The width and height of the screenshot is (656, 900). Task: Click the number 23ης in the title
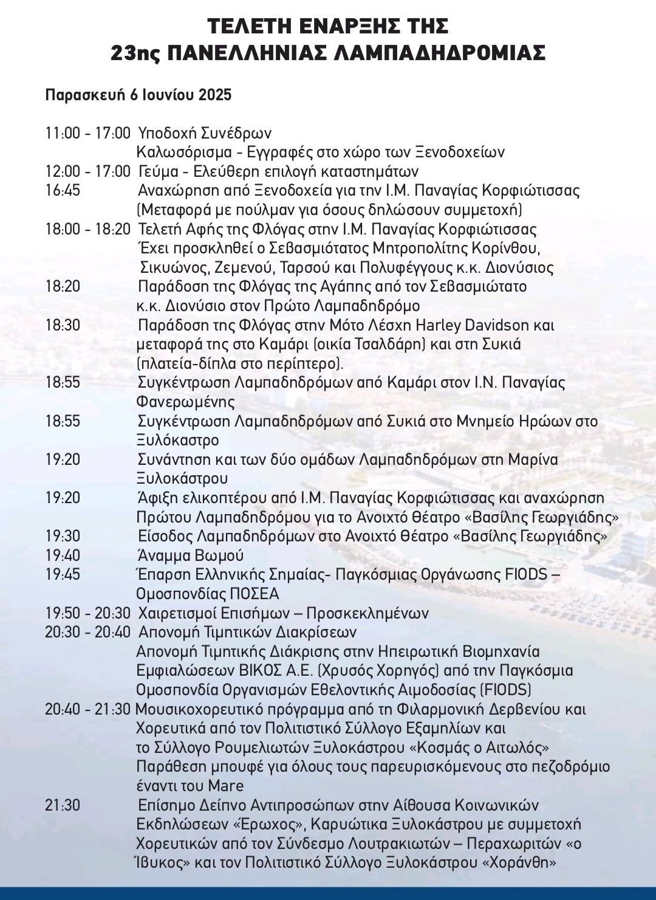click(135, 53)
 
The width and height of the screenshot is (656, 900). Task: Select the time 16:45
click(63, 190)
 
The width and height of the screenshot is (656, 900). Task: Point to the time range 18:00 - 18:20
click(87, 229)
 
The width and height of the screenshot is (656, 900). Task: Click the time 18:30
click(63, 325)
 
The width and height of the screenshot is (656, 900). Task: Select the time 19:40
click(63, 555)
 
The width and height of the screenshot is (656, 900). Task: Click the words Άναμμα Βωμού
click(191, 555)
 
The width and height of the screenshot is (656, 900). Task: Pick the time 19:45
click(63, 574)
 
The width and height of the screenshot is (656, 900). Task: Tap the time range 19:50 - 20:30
click(87, 613)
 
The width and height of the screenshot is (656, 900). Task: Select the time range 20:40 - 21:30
click(87, 709)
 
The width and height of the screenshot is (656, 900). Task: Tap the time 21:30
click(63, 805)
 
